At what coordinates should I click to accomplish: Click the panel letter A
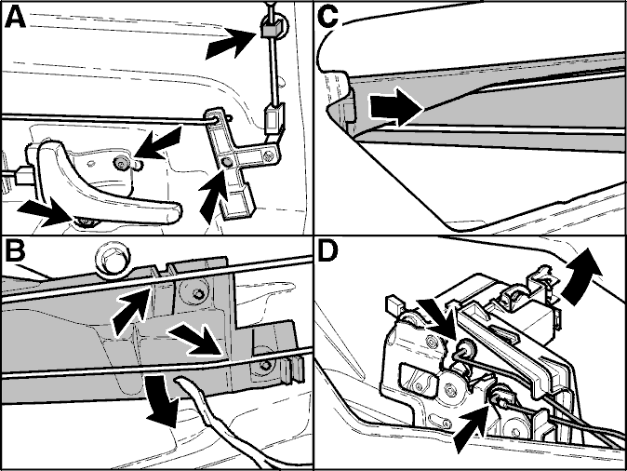click(15, 18)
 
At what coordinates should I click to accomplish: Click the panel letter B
click(14, 251)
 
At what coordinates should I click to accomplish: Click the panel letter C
click(328, 18)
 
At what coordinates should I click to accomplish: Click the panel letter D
click(328, 251)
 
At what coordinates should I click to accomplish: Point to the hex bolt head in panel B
click(113, 257)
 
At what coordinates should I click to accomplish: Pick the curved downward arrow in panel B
click(163, 400)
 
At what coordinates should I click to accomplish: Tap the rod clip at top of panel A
click(272, 29)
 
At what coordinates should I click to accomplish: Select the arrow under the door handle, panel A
click(48, 211)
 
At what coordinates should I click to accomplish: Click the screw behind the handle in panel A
click(120, 162)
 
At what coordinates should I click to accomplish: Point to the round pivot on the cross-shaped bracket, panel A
click(227, 162)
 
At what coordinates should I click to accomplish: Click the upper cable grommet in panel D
click(465, 348)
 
